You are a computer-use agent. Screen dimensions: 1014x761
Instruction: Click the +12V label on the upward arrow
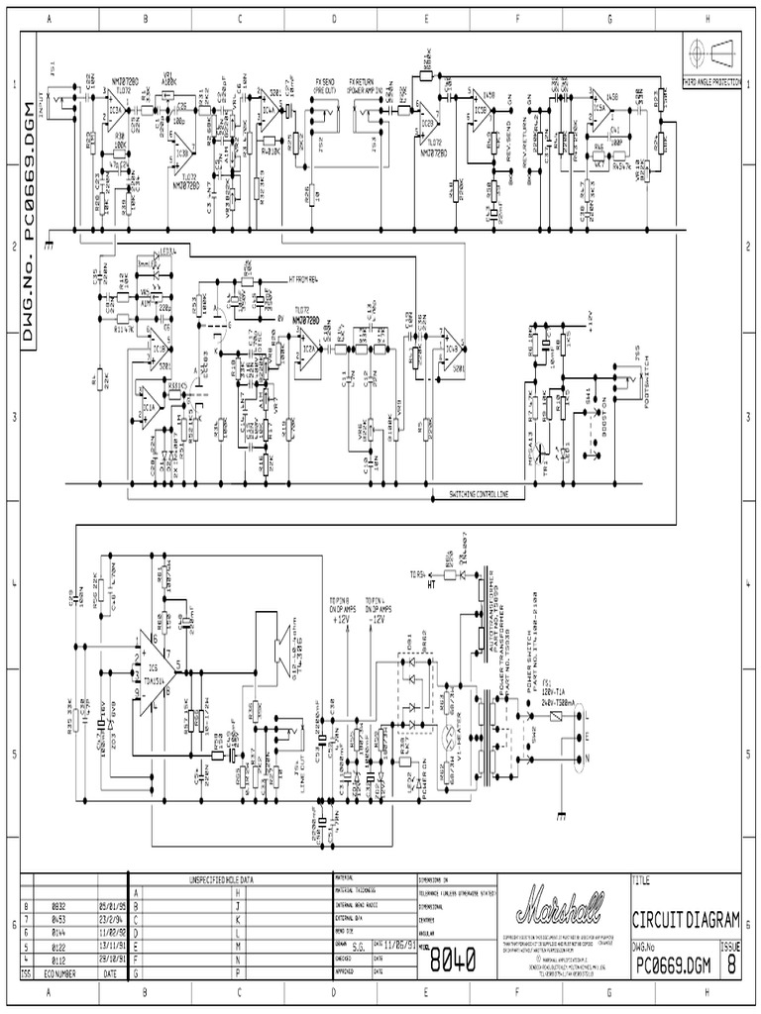[340, 619]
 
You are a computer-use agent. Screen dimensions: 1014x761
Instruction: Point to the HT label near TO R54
[430, 585]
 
